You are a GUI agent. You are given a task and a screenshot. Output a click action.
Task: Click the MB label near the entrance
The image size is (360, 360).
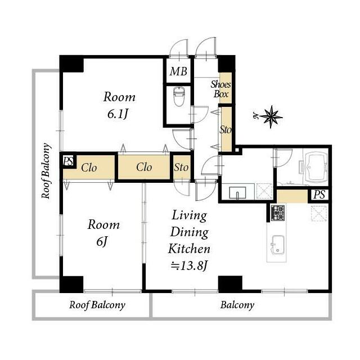[x=178, y=71]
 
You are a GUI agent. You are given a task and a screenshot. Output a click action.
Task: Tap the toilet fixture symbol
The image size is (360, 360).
[x=179, y=97]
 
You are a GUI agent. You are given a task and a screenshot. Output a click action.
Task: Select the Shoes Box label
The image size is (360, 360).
[x=220, y=89]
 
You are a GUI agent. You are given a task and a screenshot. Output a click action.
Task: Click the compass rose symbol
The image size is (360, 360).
[x=271, y=117]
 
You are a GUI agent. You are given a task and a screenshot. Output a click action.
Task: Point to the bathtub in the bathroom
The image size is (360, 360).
[x=316, y=167]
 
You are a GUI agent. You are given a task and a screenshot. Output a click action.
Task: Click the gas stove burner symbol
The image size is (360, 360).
[x=278, y=213]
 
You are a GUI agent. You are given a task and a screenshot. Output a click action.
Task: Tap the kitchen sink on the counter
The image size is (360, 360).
[x=277, y=245]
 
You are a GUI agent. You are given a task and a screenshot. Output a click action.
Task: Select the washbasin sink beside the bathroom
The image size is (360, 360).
[x=237, y=192]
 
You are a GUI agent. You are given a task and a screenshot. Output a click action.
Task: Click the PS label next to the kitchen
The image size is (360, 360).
[x=319, y=195]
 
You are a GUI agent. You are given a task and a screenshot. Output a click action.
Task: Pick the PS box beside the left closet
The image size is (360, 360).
[x=69, y=161]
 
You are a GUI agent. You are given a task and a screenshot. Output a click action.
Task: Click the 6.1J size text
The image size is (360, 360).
[x=118, y=114]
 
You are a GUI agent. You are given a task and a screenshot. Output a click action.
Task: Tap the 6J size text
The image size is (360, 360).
[x=102, y=241]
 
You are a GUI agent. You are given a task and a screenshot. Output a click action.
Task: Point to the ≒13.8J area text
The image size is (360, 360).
[x=190, y=266]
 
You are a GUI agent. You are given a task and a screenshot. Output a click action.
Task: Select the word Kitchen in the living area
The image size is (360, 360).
[x=189, y=249]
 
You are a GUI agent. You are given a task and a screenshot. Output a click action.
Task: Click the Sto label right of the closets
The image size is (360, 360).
[x=181, y=168]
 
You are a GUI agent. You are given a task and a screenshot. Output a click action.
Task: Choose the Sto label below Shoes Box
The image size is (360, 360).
[x=225, y=130]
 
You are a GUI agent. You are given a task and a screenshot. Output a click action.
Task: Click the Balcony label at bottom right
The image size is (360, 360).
[x=237, y=305]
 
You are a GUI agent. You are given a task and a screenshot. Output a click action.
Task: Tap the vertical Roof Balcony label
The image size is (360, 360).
[x=46, y=171]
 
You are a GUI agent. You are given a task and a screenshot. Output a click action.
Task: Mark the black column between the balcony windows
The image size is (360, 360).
[x=230, y=284]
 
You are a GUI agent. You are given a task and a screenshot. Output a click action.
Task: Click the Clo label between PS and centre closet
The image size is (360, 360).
[x=89, y=168]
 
